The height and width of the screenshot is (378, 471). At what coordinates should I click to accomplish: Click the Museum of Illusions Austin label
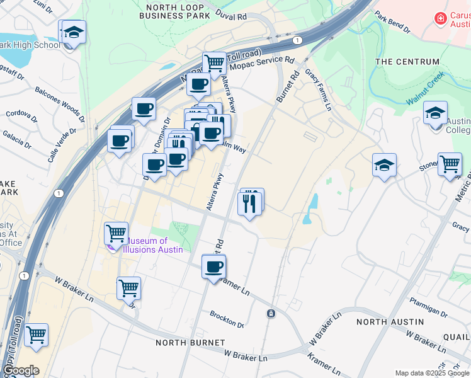[x=155, y=245]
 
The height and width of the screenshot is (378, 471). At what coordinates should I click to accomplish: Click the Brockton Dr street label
[x=227, y=319]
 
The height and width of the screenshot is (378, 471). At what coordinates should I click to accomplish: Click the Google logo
[x=21, y=370]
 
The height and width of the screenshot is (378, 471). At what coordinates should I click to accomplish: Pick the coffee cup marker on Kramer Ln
[x=214, y=266]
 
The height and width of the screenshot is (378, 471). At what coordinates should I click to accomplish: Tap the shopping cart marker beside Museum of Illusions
[x=116, y=233]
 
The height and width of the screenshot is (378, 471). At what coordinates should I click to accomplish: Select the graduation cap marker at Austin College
[x=435, y=113]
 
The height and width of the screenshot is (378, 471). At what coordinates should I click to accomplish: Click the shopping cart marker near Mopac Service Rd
[x=214, y=63]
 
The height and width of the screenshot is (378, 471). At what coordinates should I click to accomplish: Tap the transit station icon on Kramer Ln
[x=271, y=313]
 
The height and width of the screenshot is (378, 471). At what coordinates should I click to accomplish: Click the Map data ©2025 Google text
[x=431, y=373]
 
